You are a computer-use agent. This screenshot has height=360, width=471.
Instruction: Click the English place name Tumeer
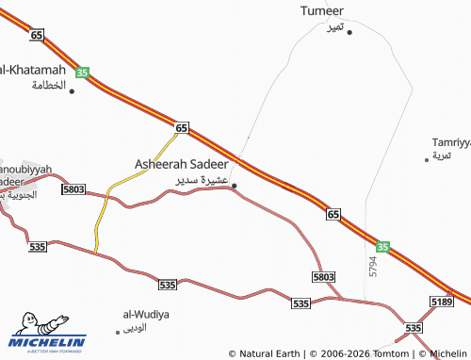pyautogui.click(x=322, y=11)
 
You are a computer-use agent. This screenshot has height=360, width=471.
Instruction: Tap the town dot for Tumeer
pyautogui.click(x=349, y=32)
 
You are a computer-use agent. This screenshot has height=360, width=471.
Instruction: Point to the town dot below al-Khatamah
pyautogui.click(x=72, y=91)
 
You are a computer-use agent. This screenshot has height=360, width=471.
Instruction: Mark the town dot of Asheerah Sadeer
pyautogui.click(x=235, y=185)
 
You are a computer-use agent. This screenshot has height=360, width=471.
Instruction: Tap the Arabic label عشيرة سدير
pyautogui.click(x=202, y=178)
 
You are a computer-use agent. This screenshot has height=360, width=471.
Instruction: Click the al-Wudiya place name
pyautogui.click(x=147, y=314)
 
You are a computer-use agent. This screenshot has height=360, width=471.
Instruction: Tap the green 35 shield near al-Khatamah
pyautogui.click(x=82, y=72)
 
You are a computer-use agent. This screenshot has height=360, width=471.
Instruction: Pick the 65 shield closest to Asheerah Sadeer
pyautogui.click(x=182, y=127)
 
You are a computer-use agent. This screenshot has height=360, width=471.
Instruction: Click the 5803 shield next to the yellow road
pyautogui.click(x=73, y=189)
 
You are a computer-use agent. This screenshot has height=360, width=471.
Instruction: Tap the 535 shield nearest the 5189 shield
pyautogui.click(x=413, y=327)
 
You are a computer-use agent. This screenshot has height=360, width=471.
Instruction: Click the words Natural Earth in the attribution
pyautogui.click(x=268, y=353)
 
